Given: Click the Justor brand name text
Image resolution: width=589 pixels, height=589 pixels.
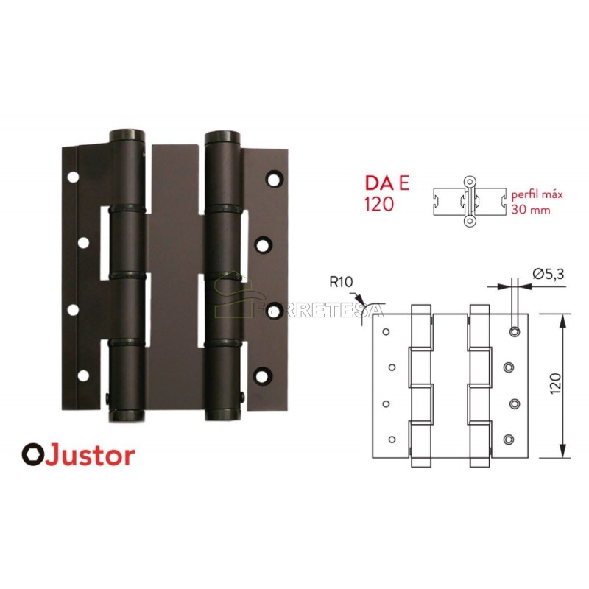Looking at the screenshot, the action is point(91,455).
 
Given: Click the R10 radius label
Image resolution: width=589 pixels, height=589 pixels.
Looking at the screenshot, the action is point(341,282).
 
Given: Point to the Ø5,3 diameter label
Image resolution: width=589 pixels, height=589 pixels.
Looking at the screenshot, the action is point(549,274).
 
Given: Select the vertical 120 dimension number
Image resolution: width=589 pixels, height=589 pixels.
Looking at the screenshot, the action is point(556,383).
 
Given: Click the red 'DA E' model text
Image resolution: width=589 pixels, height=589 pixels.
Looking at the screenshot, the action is point(387,185).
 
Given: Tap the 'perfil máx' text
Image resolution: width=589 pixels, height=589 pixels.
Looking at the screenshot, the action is point(537,195).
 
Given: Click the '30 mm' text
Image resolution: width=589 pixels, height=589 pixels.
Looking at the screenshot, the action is point(530,209).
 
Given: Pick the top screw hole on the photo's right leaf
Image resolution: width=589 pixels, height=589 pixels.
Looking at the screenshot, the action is point(274,180).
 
